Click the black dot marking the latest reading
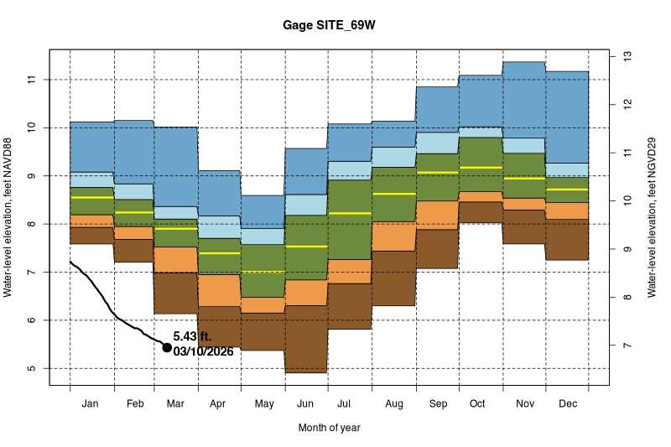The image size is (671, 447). (167, 347)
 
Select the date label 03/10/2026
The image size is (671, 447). (203, 351)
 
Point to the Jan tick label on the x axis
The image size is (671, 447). (91, 404)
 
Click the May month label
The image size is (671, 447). (264, 404)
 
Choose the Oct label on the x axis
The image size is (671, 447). (477, 404)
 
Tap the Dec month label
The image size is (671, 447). (567, 404)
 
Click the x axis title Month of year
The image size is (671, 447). (329, 428)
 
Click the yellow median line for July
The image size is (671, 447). (350, 213)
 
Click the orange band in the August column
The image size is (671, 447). (393, 236)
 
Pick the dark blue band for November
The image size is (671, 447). (524, 100)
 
